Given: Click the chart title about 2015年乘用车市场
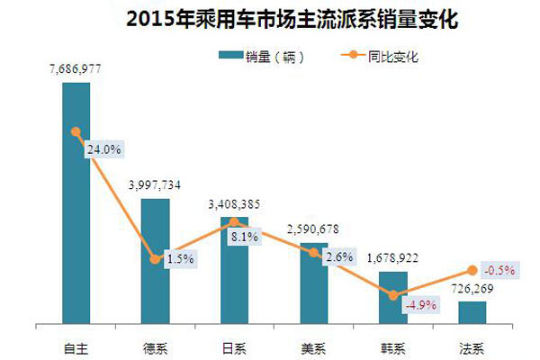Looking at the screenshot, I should coord(269,18).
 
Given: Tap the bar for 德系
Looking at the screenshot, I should coord(155,261).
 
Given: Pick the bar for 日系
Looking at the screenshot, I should coord(234,270).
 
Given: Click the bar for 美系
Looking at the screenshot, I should coord(313,283).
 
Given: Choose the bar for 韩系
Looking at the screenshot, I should coord(392,297).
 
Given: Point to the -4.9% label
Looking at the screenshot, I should coord(419,305).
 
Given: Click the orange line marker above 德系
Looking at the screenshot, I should coord(155,259).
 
